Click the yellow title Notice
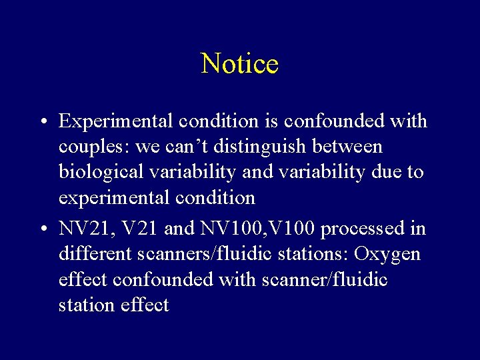tap(239, 64)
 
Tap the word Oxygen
tap(388, 254)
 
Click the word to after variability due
tap(415, 172)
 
